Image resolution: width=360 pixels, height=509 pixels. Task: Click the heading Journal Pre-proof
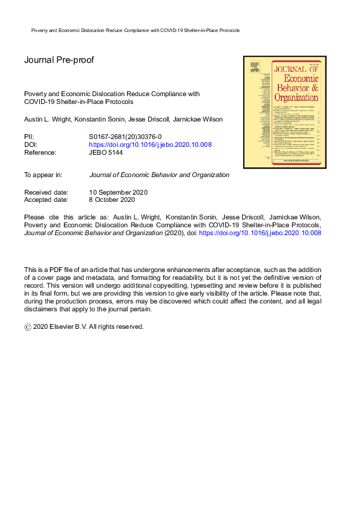59,60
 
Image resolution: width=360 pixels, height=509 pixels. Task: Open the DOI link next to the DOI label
150,145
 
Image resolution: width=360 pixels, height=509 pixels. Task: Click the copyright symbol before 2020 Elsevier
27,327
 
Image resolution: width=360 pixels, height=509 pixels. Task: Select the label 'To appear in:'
43,175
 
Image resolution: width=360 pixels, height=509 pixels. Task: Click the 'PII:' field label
30,137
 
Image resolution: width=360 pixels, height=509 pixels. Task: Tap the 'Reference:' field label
40,153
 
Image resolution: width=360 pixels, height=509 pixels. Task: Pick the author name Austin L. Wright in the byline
46,120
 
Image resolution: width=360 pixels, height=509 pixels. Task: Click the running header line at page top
135,30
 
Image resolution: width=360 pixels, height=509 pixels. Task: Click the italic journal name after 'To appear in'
159,175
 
